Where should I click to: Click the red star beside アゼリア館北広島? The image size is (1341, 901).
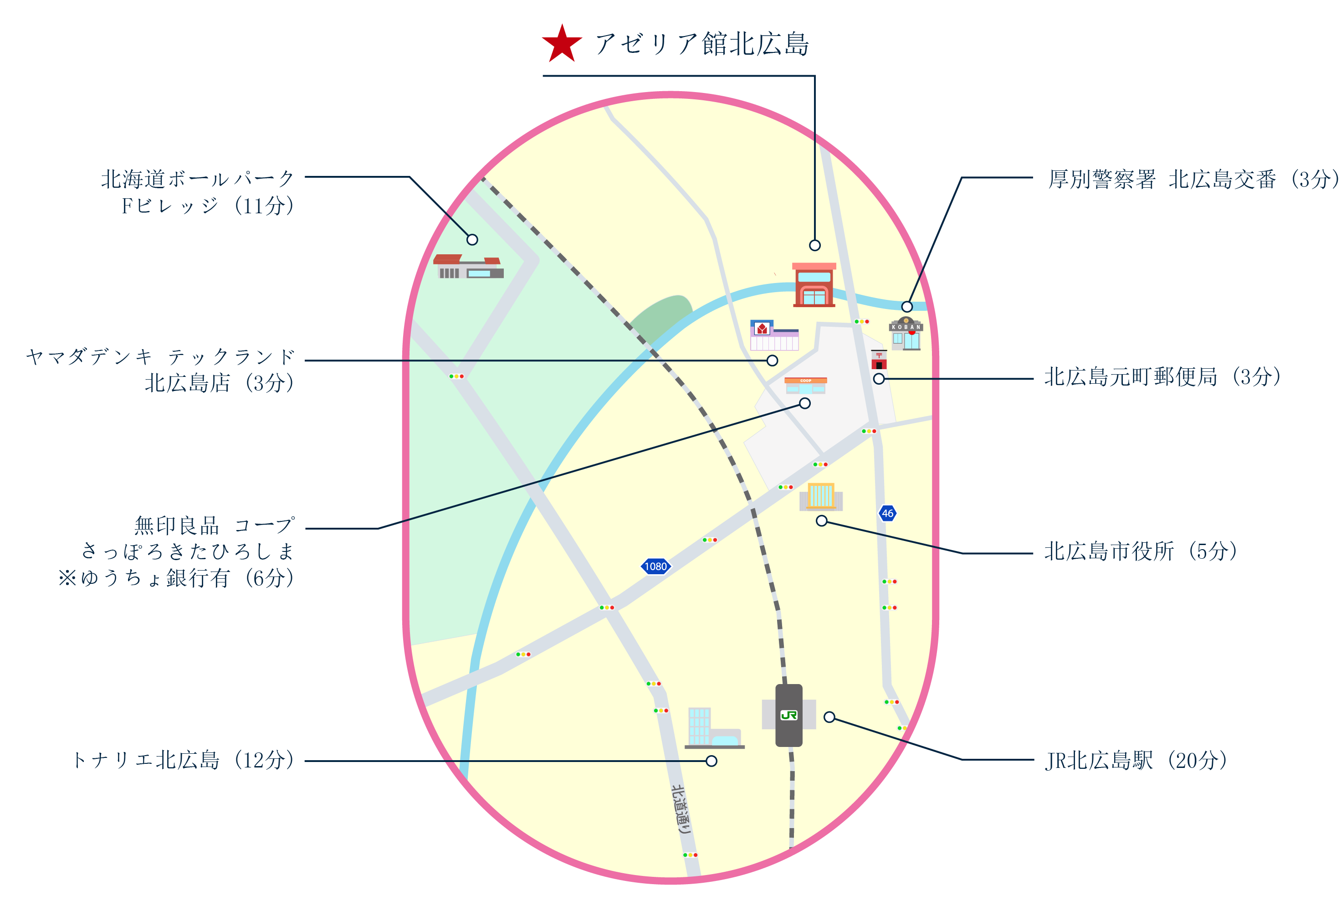tap(561, 44)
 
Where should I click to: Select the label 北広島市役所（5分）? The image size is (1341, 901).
tap(1140, 551)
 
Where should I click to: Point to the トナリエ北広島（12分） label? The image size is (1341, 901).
tap(183, 760)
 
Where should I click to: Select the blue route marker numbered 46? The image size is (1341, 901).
tap(887, 513)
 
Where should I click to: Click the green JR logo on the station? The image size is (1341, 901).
tap(788, 715)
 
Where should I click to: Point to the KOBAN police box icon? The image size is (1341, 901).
tap(905, 334)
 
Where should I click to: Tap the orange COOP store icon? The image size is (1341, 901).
tap(805, 385)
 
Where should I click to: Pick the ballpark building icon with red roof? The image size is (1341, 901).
tap(468, 267)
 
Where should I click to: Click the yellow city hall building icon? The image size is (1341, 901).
tap(821, 496)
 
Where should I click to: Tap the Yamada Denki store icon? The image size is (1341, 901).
tap(773, 335)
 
